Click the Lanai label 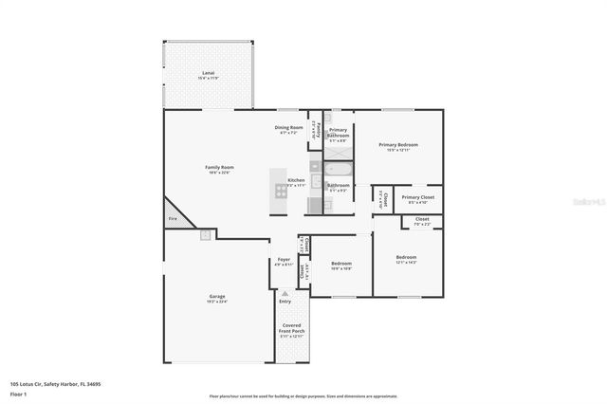[208, 72]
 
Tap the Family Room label [219, 167]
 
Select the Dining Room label [289, 127]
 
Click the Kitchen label [297, 179]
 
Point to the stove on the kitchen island [281, 190]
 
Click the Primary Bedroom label [397, 145]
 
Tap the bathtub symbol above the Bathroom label [339, 170]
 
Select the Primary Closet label [417, 197]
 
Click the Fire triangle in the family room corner [172, 216]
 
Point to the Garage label [217, 297]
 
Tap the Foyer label [284, 259]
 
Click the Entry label [285, 301]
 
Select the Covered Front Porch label [291, 330]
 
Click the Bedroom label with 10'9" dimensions [340, 264]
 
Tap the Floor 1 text [18, 393]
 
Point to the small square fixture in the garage [204, 234]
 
